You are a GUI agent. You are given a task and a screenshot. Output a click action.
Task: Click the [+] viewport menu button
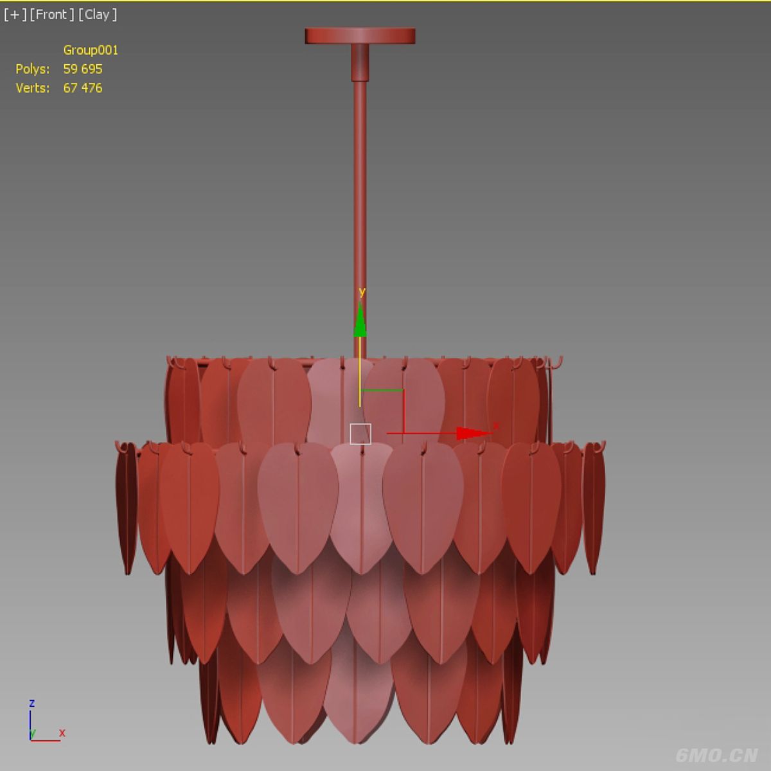[x=15, y=15]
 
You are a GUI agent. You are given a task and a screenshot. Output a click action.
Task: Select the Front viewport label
[x=52, y=15]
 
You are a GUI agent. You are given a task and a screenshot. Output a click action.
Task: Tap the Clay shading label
[x=98, y=15]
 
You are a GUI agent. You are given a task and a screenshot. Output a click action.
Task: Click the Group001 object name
[x=91, y=50]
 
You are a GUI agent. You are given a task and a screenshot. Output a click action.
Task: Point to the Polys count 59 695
[x=83, y=69]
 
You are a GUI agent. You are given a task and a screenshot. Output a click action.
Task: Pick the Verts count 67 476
[x=83, y=87]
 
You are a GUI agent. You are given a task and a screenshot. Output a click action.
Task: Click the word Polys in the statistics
[x=33, y=69]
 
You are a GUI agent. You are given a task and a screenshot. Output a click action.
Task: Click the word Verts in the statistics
[x=33, y=87]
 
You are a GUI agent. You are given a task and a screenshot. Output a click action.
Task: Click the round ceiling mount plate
[x=360, y=35]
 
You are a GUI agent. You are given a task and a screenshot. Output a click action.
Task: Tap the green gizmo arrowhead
[x=360, y=320]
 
